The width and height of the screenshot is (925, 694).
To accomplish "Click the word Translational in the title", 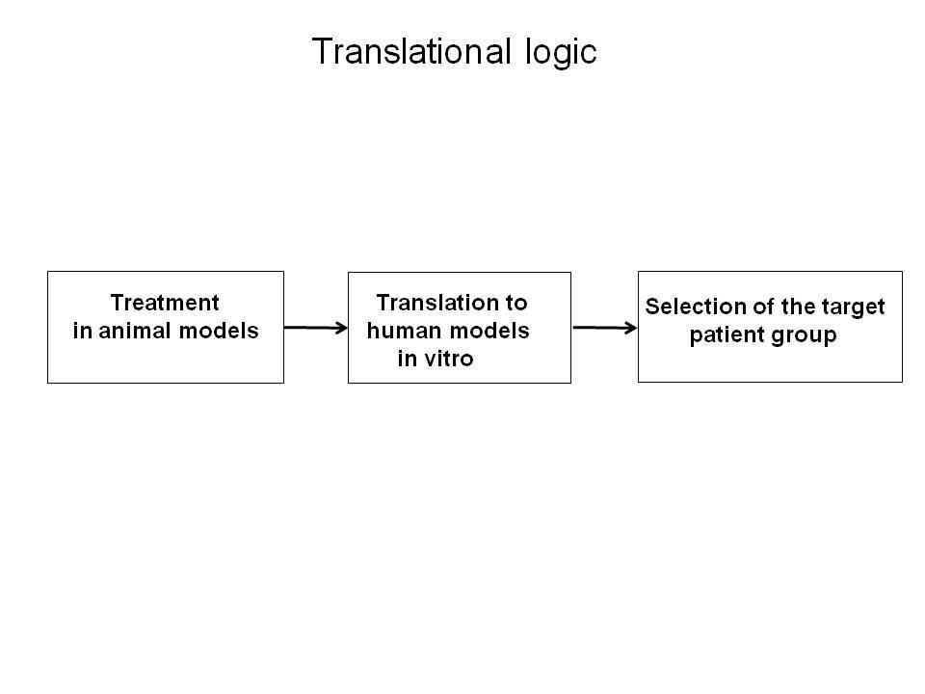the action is pyautogui.click(x=411, y=51).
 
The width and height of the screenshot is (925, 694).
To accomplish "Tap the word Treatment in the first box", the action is pyautogui.click(x=165, y=303).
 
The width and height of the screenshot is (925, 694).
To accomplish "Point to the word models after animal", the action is pyautogui.click(x=219, y=331).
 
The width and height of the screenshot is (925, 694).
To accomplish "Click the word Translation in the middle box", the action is pyautogui.click(x=437, y=303).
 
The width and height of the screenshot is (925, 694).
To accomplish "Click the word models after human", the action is pyautogui.click(x=489, y=331).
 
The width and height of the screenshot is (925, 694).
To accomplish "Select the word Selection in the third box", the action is pyautogui.click(x=696, y=307).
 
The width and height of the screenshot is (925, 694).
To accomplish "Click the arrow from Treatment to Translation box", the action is pyautogui.click(x=316, y=328).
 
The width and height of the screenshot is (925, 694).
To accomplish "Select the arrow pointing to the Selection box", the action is pyautogui.click(x=605, y=328).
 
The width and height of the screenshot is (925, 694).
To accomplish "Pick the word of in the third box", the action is pyautogui.click(x=763, y=307).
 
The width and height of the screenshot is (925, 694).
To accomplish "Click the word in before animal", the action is pyautogui.click(x=82, y=331).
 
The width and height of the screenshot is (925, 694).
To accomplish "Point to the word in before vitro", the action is pyautogui.click(x=407, y=359).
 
